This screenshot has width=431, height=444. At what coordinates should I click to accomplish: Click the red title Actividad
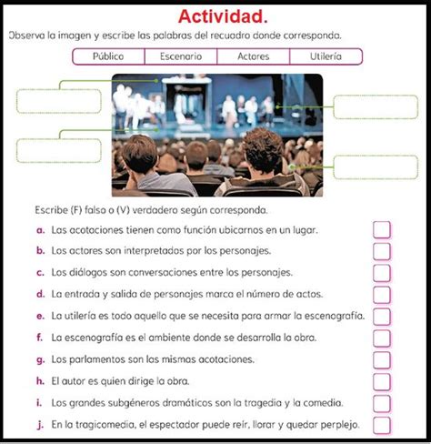222,15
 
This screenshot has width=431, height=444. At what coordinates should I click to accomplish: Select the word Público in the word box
108,56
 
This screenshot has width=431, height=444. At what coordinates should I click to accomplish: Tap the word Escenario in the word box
180,56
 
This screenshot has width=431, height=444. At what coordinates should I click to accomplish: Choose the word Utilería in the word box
325,56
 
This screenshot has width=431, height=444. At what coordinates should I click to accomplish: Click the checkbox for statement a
382,231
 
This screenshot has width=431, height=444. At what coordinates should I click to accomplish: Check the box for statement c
382,272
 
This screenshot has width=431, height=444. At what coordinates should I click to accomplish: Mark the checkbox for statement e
382,316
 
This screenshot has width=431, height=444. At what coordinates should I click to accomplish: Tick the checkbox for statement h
382,382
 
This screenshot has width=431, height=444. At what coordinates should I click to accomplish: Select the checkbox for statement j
382,425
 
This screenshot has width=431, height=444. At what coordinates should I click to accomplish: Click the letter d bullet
40,294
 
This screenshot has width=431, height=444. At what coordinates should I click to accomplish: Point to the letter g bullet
40,358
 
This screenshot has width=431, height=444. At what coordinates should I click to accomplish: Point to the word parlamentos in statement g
89,358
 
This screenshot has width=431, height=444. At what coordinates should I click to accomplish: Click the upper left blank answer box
47,99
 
